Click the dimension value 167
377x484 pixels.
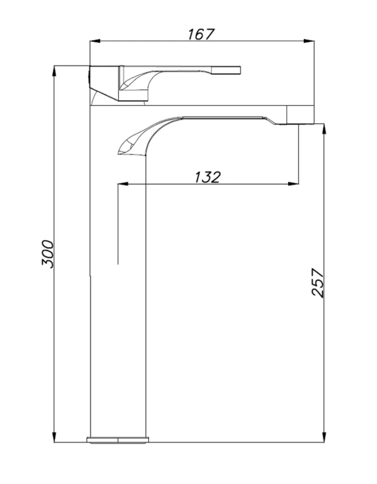click(201, 34)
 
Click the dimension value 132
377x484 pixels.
click(208, 177)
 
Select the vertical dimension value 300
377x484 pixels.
click(48, 254)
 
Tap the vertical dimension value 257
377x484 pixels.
click(318, 282)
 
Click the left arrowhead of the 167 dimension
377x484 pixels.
click(95, 41)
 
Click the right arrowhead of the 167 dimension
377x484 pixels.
click(309, 41)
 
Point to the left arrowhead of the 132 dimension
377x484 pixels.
click(123, 184)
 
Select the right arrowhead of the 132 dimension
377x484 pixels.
click(293, 184)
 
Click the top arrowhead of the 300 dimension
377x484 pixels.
click(54, 71)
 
